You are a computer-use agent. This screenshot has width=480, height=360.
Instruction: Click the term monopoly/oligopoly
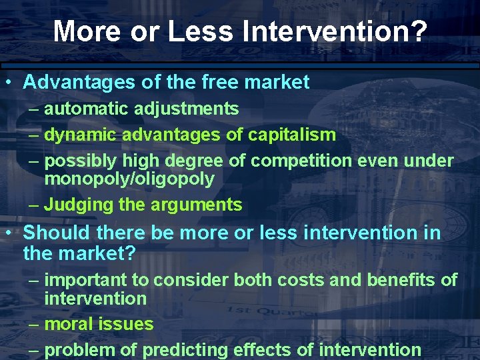129,179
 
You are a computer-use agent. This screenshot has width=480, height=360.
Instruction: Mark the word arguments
201,205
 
